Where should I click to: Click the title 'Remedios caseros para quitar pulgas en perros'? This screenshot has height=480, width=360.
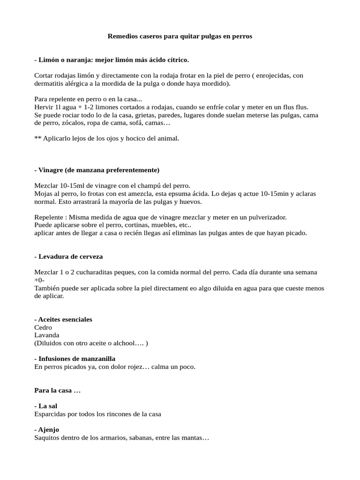[180, 36]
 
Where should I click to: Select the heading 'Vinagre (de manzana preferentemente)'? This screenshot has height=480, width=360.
[98, 169]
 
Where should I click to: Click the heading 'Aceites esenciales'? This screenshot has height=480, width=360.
[65, 319]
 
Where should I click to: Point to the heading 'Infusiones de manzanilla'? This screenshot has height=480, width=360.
[76, 359]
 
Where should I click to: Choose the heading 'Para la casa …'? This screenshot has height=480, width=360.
[58, 390]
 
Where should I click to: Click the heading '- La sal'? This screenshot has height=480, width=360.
[46, 406]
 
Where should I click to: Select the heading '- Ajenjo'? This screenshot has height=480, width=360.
[47, 429]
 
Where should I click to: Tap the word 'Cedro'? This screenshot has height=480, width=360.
[43, 327]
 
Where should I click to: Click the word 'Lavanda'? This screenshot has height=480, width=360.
[47, 335]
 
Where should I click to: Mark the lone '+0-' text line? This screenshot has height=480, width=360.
[39, 280]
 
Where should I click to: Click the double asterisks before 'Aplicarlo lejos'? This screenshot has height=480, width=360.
[37, 138]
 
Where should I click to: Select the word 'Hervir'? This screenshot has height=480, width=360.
[44, 107]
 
